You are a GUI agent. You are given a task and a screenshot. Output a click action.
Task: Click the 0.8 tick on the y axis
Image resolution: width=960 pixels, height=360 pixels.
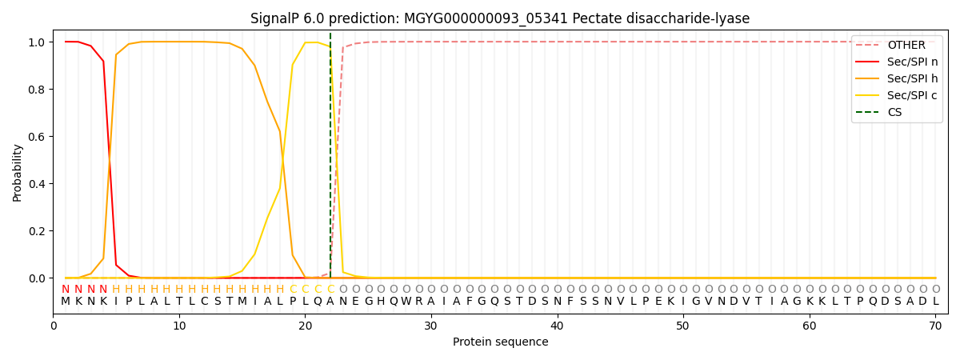pyautogui.click(x=37, y=90)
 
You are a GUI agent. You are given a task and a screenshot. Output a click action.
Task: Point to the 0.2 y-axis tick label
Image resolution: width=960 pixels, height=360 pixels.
pyautogui.click(x=37, y=231)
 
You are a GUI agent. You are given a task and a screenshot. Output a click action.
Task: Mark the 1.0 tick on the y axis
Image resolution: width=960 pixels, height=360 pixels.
pyautogui.click(x=37, y=42)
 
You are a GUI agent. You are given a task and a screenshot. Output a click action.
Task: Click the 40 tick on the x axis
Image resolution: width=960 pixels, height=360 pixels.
pyautogui.click(x=557, y=326)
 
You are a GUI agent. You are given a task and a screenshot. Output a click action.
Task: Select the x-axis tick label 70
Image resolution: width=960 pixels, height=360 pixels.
pyautogui.click(x=935, y=326)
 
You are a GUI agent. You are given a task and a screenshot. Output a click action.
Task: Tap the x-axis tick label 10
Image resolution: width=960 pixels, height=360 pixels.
pyautogui.click(x=179, y=326)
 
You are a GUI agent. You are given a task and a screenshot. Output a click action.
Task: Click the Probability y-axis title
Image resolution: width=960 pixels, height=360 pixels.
pyautogui.click(x=17, y=173)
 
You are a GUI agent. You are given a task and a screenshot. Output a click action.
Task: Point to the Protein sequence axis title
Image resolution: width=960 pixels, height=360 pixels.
pyautogui.click(x=501, y=342)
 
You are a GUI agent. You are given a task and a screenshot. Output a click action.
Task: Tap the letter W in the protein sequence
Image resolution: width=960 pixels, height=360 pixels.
pyautogui.click(x=406, y=302)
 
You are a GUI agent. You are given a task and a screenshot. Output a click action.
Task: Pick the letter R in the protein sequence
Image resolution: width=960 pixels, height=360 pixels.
pyautogui.click(x=418, y=302)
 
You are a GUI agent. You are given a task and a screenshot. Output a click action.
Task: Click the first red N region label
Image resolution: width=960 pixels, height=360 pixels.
pyautogui.click(x=66, y=290)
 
